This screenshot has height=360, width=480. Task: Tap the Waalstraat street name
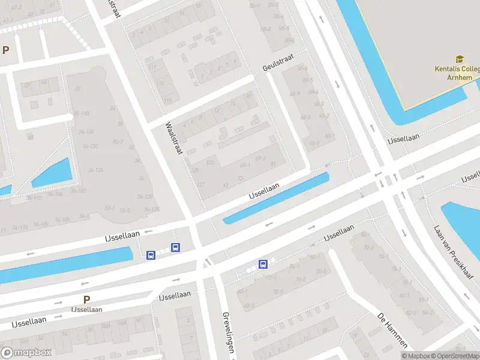click(x=174, y=139)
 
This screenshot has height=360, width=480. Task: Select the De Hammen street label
click(x=393, y=329)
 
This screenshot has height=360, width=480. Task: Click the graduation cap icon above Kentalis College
click(x=460, y=59)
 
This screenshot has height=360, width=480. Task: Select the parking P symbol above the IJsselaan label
click(x=86, y=299)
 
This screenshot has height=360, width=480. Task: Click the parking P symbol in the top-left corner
click(x=6, y=50)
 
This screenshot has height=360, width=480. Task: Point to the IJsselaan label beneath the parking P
click(x=86, y=310)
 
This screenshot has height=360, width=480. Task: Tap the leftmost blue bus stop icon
click(x=151, y=255)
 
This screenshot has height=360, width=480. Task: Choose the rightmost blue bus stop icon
click(x=263, y=264)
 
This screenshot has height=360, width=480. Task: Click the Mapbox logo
click(x=26, y=353)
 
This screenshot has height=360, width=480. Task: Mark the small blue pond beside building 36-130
click(x=53, y=172)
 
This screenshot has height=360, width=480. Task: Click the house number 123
click(x=210, y=163)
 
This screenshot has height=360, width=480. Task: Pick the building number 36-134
click(x=86, y=131)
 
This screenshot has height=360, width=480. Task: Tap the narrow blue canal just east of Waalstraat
click(x=276, y=199)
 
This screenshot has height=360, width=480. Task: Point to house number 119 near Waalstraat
click(x=168, y=100)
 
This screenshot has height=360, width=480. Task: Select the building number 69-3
click(x=260, y=158)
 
